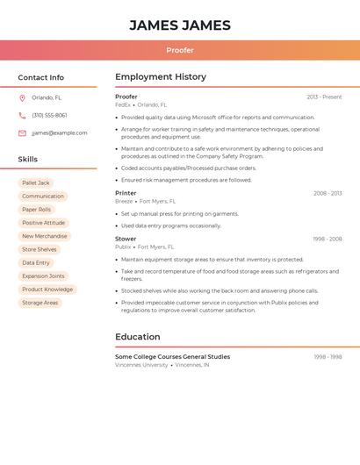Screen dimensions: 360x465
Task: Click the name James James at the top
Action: (x=180, y=25)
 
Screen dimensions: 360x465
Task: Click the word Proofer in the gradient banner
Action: (x=180, y=50)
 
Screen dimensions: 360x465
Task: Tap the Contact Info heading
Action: (x=41, y=77)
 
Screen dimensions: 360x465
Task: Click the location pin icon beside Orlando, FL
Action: (x=22, y=97)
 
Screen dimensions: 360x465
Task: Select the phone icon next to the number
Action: (x=22, y=115)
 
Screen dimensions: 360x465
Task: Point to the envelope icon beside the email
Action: (x=22, y=132)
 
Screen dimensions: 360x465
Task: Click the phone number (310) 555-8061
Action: (x=49, y=115)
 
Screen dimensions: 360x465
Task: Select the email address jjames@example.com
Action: (x=60, y=132)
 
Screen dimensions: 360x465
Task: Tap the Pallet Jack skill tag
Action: (x=36, y=182)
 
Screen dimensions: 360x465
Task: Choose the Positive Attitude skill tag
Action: (x=43, y=223)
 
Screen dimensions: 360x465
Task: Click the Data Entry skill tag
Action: (x=36, y=262)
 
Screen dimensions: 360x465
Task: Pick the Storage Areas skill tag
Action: (x=40, y=303)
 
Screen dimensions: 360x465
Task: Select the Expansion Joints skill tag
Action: (x=43, y=275)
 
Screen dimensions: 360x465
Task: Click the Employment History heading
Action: (x=161, y=77)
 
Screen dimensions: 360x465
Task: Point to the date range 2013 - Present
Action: (x=324, y=97)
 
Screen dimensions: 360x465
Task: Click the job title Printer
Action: (x=126, y=193)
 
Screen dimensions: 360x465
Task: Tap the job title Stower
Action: (x=126, y=239)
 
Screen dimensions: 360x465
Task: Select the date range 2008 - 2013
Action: (x=328, y=193)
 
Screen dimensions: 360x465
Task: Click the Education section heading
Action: (x=138, y=337)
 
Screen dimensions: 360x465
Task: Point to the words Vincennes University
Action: (x=141, y=364)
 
